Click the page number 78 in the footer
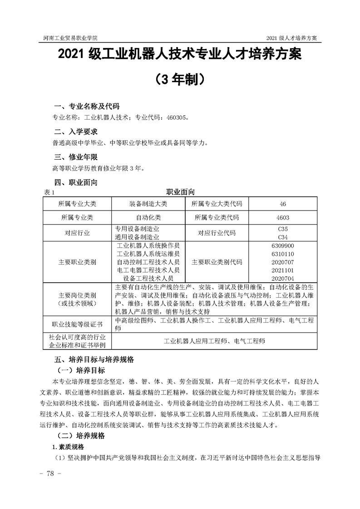point(47,473)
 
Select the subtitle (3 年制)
point(180,79)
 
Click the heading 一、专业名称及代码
point(87,106)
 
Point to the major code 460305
point(174,117)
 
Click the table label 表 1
point(48,192)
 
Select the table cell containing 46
point(282,204)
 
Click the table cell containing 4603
point(282,217)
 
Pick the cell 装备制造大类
point(148,204)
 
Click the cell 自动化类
point(148,217)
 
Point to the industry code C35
point(282,229)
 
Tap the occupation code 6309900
point(282,245)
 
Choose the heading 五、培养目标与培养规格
point(94,359)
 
